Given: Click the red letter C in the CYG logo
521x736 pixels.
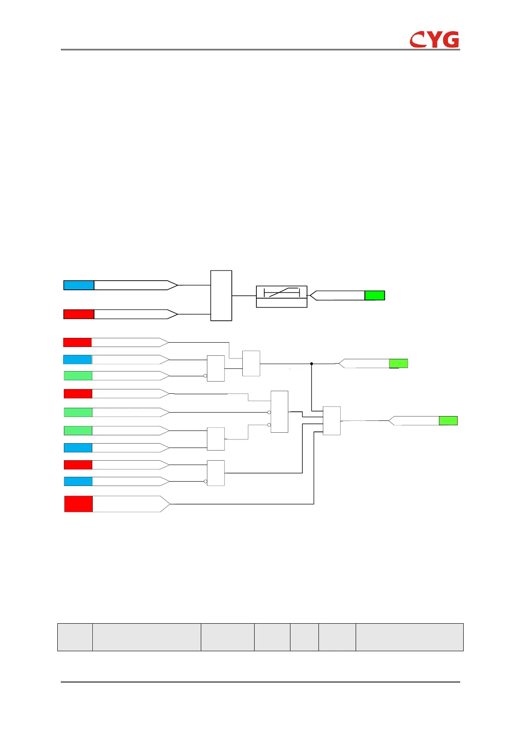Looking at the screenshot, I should coord(417,40).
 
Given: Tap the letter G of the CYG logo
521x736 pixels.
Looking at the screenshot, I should coord(450,39).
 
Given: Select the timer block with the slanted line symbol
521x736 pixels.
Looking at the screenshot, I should coord(281,296).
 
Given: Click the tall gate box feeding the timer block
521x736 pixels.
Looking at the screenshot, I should coord(221,295).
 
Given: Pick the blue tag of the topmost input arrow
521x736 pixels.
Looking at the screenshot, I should coord(79,285).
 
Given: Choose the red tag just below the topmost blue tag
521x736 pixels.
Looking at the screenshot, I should coord(79,314).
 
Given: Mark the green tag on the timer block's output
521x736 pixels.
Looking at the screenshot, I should coord(374,295).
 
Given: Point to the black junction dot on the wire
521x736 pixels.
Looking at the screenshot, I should coord(311,364).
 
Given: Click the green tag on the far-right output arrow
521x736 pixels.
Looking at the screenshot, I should coord(448,420).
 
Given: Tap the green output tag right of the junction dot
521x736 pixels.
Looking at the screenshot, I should coord(398,363).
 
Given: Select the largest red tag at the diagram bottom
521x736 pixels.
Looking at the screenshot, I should coord(78,503).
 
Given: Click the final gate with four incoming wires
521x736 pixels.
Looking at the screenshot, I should coord(332,420).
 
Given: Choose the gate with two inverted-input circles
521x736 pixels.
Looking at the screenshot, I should coord(279,412).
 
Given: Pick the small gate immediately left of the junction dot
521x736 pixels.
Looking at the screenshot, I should coord(251,363).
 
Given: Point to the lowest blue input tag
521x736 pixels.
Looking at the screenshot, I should coord(78,481).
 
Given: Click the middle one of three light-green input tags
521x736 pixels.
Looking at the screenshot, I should coord(78,412).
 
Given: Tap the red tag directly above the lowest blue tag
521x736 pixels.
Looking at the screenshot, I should coord(78,465).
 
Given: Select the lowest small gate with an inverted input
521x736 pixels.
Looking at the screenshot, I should coord(216,473).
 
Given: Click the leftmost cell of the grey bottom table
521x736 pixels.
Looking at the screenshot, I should coord(75,637).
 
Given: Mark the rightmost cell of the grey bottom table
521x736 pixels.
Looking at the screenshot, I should coord(409,637).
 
